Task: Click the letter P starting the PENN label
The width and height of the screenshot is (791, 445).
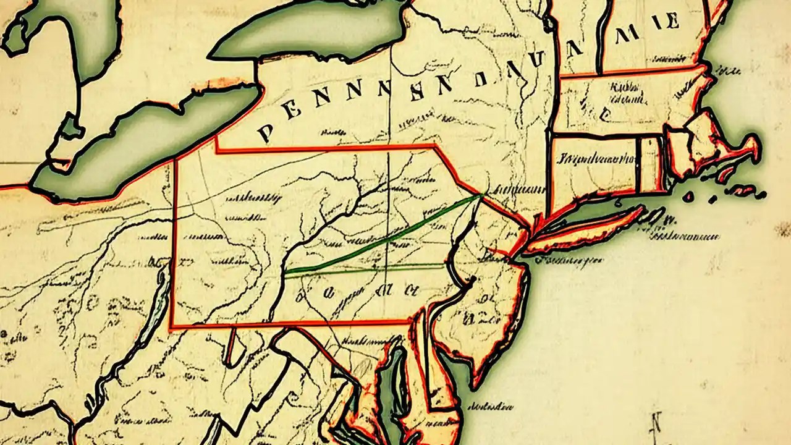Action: point(265,132)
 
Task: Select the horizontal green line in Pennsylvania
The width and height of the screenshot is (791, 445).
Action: point(371,269)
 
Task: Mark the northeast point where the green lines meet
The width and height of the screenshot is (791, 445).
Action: point(481,195)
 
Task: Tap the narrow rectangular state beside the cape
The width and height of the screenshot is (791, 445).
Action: point(649,164)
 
